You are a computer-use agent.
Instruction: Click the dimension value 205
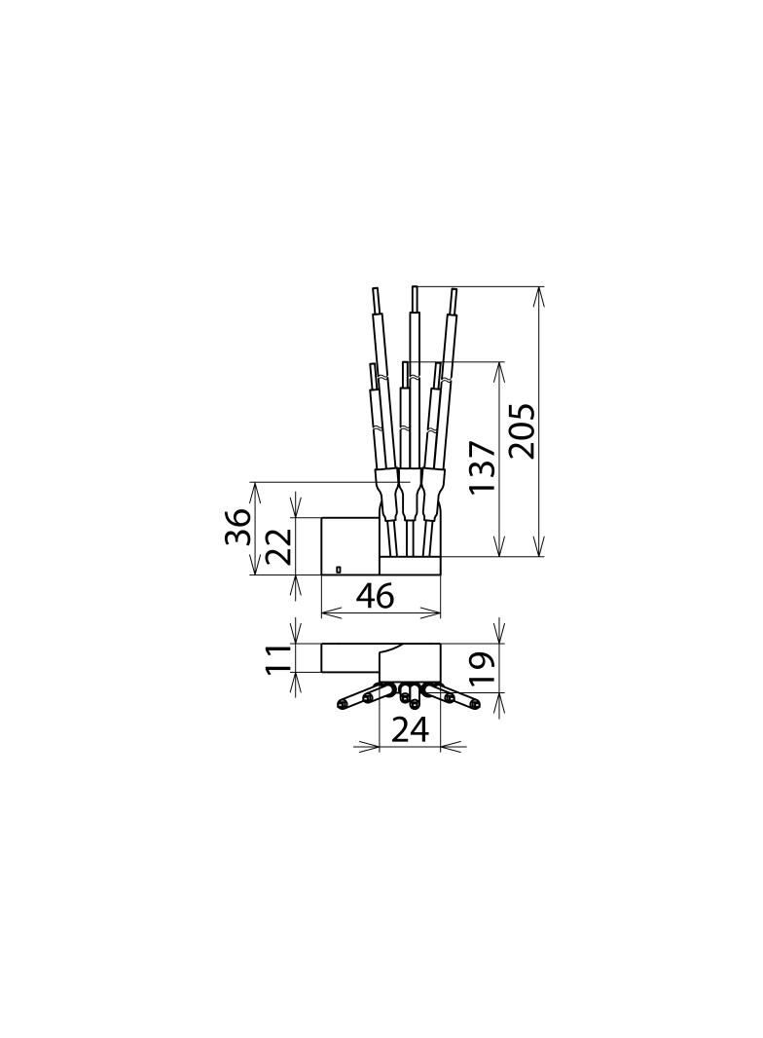[524, 430]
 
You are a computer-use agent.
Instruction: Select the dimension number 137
[481, 466]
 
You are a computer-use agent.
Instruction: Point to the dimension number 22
[278, 545]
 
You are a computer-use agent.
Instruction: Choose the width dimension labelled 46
[375, 596]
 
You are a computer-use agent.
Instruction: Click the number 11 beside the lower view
[278, 659]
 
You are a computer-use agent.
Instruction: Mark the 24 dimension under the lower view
[411, 730]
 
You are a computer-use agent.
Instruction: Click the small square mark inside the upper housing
[339, 569]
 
